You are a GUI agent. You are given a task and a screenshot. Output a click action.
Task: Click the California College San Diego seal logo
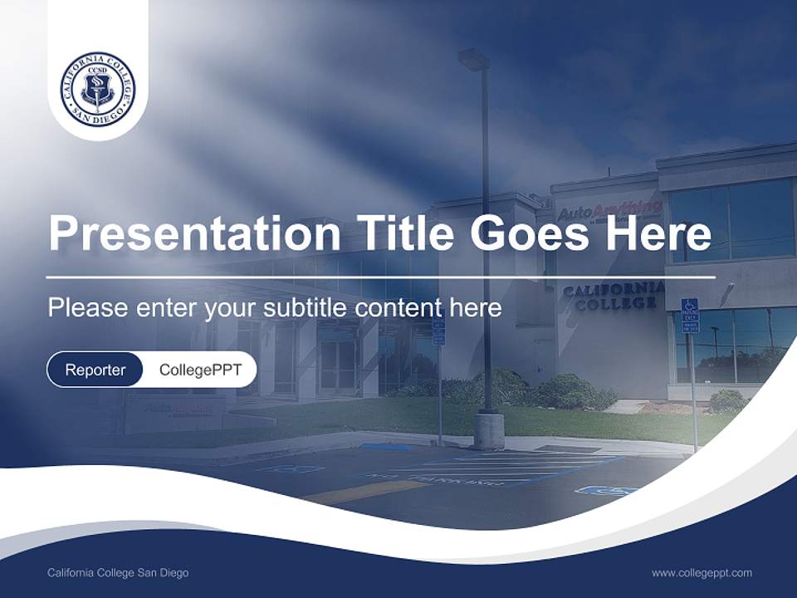[x=98, y=86]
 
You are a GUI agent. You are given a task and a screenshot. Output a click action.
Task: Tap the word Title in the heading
[x=400, y=233]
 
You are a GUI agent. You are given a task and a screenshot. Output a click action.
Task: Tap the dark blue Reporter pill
[x=95, y=370]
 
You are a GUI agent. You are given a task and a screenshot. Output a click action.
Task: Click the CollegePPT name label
[x=200, y=370]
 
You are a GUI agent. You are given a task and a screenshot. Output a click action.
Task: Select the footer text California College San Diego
[x=118, y=573]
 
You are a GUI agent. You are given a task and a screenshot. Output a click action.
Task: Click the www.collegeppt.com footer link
[x=702, y=573]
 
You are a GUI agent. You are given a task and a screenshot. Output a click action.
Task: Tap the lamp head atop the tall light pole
[x=474, y=59]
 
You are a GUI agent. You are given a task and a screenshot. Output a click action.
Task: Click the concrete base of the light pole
[x=488, y=430]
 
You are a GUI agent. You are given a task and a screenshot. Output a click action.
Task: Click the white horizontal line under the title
[x=381, y=277]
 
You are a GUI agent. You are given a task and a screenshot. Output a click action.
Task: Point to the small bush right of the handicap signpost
[x=727, y=402]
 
